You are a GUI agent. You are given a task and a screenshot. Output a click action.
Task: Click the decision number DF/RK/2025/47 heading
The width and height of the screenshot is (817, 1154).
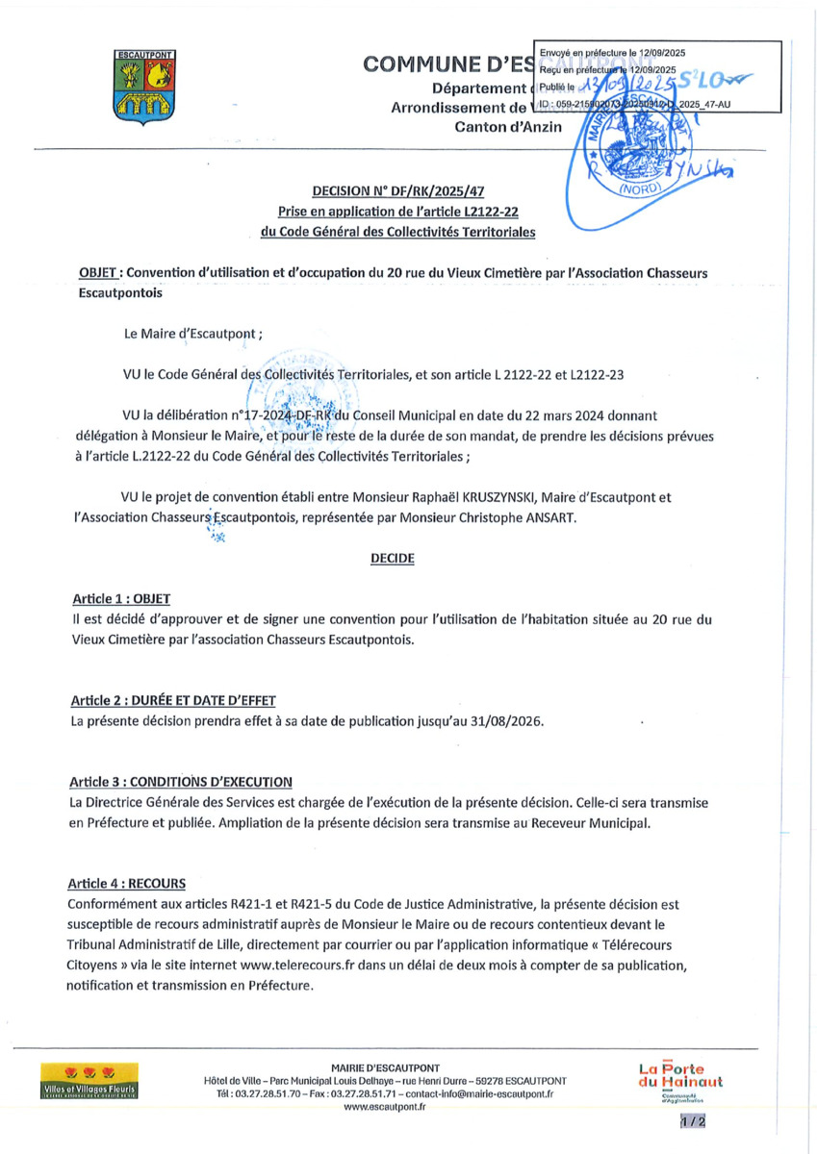pos(404,193)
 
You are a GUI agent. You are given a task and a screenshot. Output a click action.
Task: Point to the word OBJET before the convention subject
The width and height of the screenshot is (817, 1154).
pos(98,273)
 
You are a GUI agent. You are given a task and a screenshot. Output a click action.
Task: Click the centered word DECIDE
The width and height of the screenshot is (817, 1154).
pos(393,558)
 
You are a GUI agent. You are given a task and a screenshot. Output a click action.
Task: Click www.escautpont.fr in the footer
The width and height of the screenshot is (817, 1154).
pos(384,1107)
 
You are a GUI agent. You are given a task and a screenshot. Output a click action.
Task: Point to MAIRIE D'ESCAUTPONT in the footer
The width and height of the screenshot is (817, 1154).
pos(385,1067)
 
